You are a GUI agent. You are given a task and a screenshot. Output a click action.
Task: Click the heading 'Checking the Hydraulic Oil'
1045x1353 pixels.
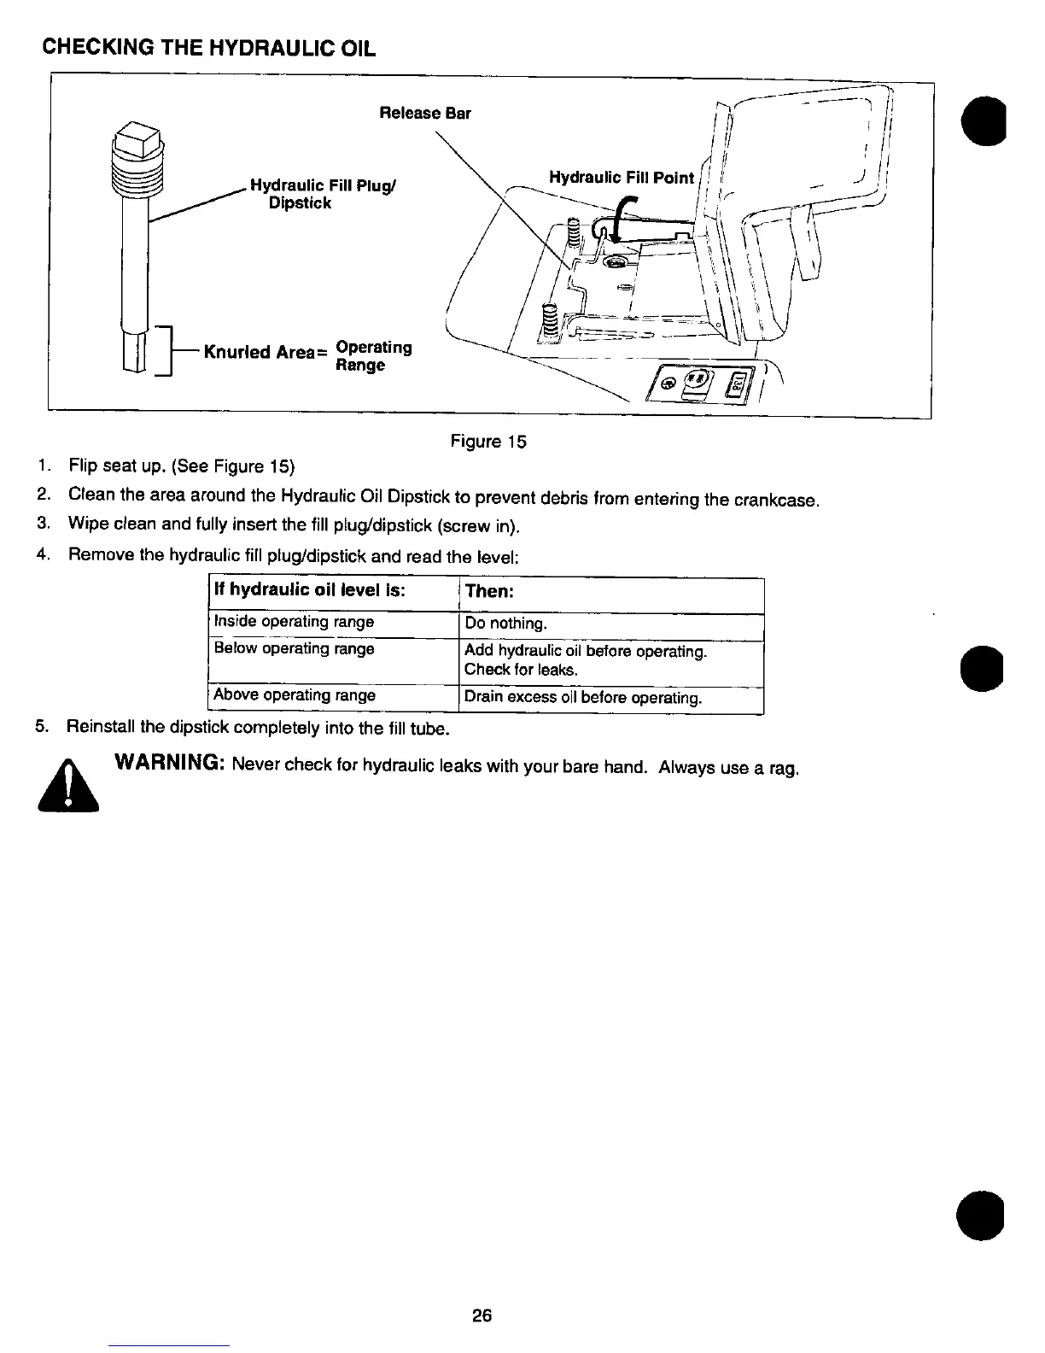tap(209, 46)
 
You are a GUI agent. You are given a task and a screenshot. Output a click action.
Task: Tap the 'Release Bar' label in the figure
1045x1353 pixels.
tap(424, 114)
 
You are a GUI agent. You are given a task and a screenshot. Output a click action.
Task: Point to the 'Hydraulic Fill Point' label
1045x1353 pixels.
tap(621, 178)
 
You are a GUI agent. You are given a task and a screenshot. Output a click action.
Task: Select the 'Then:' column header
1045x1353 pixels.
tap(488, 592)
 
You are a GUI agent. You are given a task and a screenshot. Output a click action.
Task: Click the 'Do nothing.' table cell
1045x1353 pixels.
tap(505, 624)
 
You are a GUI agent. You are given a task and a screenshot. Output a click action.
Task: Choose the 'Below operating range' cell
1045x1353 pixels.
tap(294, 648)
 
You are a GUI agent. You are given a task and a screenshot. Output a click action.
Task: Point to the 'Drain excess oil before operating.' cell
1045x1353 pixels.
tap(583, 698)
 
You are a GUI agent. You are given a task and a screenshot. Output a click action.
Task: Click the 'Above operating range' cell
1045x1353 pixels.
tap(295, 695)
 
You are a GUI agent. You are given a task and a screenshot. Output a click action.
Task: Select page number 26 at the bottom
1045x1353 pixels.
tap(482, 1315)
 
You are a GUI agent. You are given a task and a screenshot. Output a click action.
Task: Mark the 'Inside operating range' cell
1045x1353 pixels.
tap(294, 621)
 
